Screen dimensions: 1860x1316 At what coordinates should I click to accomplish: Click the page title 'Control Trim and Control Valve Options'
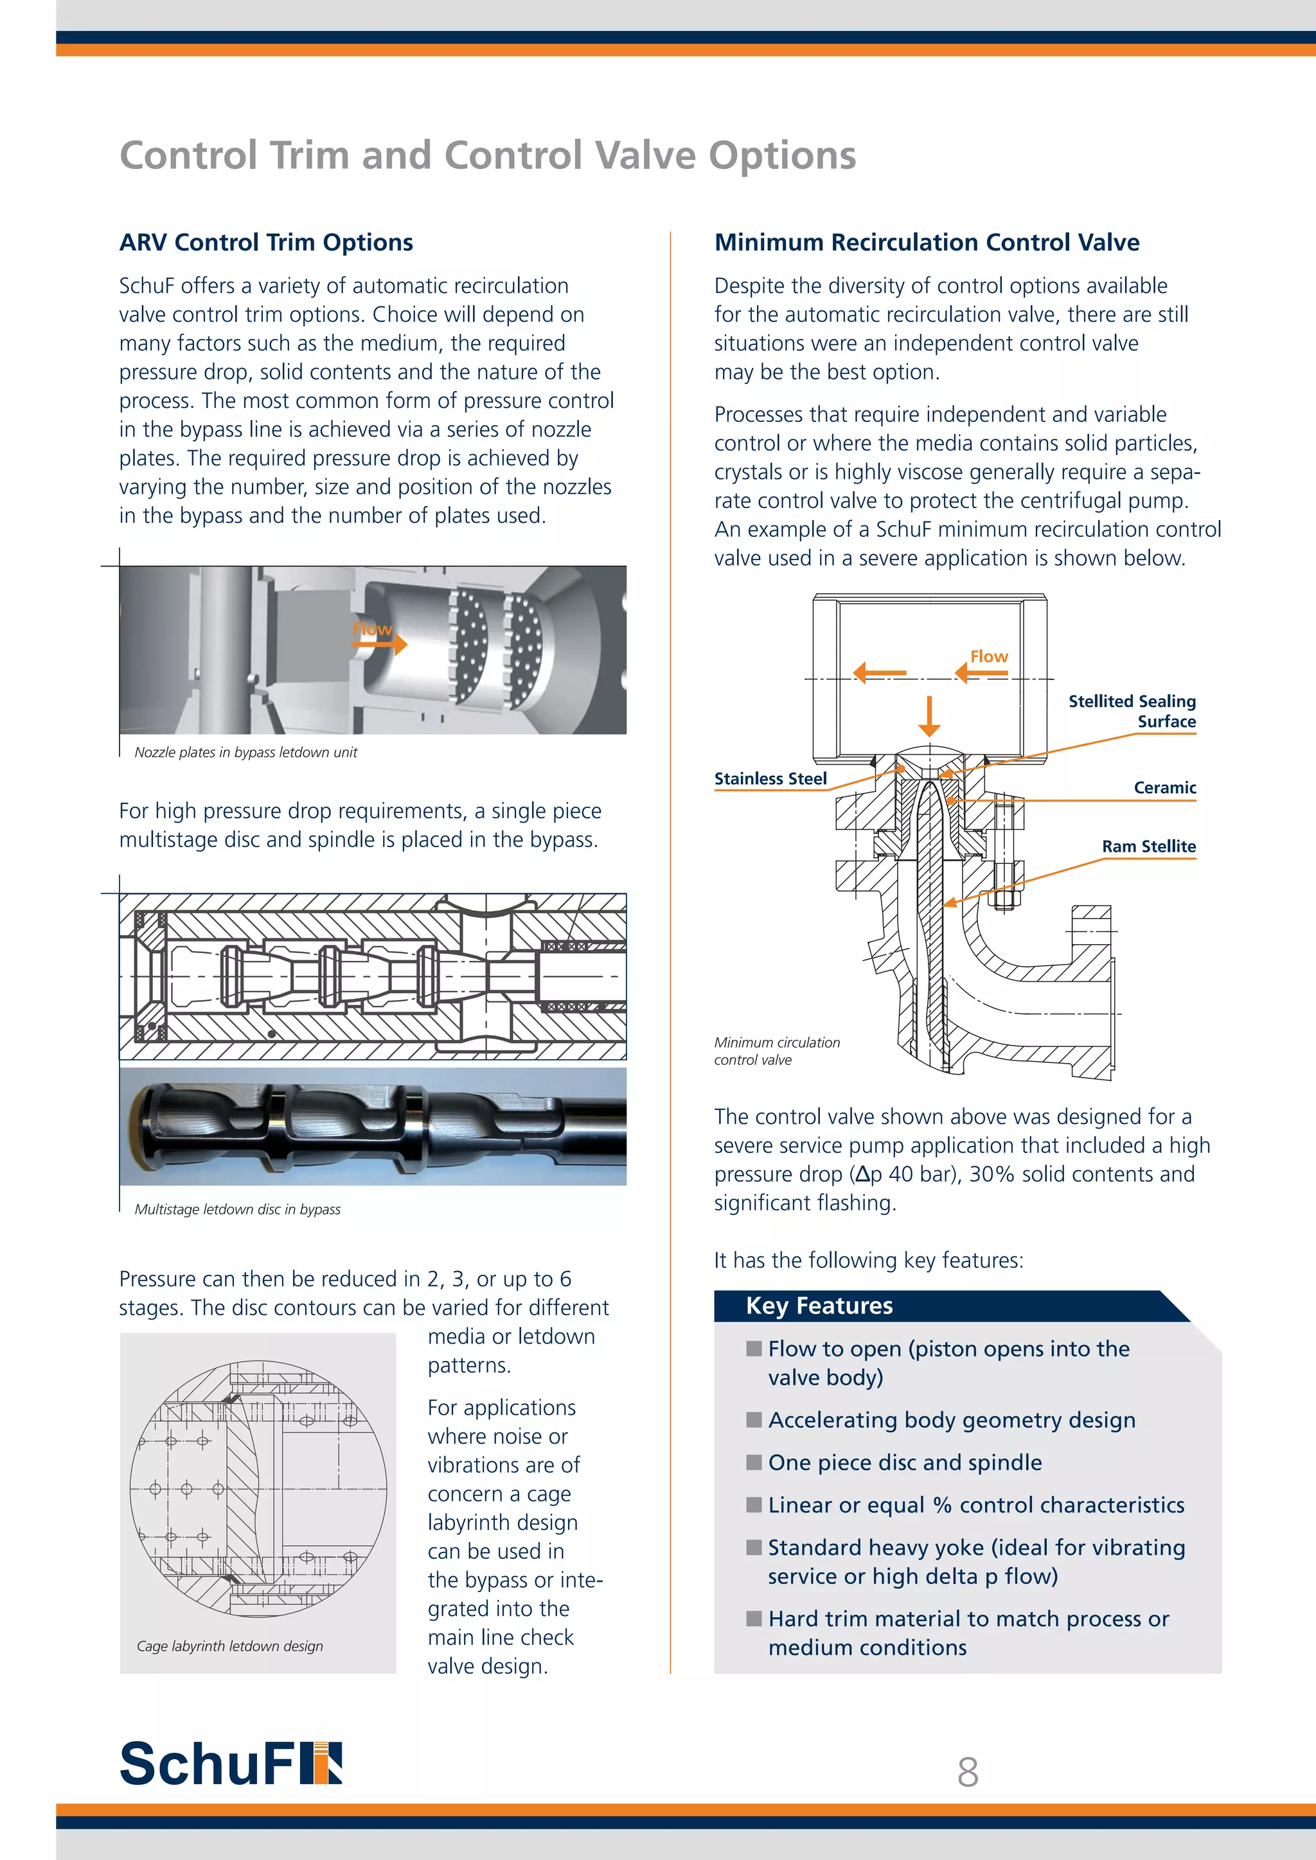tap(487, 155)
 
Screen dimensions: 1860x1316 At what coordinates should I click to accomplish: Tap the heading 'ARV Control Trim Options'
tap(266, 242)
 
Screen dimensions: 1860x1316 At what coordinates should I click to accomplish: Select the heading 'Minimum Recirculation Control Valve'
tap(926, 242)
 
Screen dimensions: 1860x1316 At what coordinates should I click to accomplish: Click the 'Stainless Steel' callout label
tap(770, 778)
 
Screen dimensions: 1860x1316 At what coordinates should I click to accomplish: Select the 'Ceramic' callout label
tap(1164, 787)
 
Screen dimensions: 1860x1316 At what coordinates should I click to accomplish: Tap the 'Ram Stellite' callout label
tap(1148, 847)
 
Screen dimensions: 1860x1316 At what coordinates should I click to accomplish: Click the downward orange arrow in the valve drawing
tap(929, 716)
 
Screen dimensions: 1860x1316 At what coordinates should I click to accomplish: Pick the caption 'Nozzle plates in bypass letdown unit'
tap(245, 753)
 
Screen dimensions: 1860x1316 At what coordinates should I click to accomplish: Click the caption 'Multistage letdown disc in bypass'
tap(237, 1209)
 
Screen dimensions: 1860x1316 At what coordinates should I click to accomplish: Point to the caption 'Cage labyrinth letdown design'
tap(229, 1646)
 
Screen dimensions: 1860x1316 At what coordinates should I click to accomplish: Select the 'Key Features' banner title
tap(819, 1306)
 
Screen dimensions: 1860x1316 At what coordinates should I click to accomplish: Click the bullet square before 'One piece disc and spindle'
tap(754, 1462)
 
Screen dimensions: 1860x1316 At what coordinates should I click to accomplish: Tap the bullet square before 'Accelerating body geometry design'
tap(754, 1419)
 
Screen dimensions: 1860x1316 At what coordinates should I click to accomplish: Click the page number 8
tap(968, 1772)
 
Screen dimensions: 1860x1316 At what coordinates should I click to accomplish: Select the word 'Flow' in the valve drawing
tap(989, 656)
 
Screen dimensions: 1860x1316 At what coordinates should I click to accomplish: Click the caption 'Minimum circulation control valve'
tap(776, 1051)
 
